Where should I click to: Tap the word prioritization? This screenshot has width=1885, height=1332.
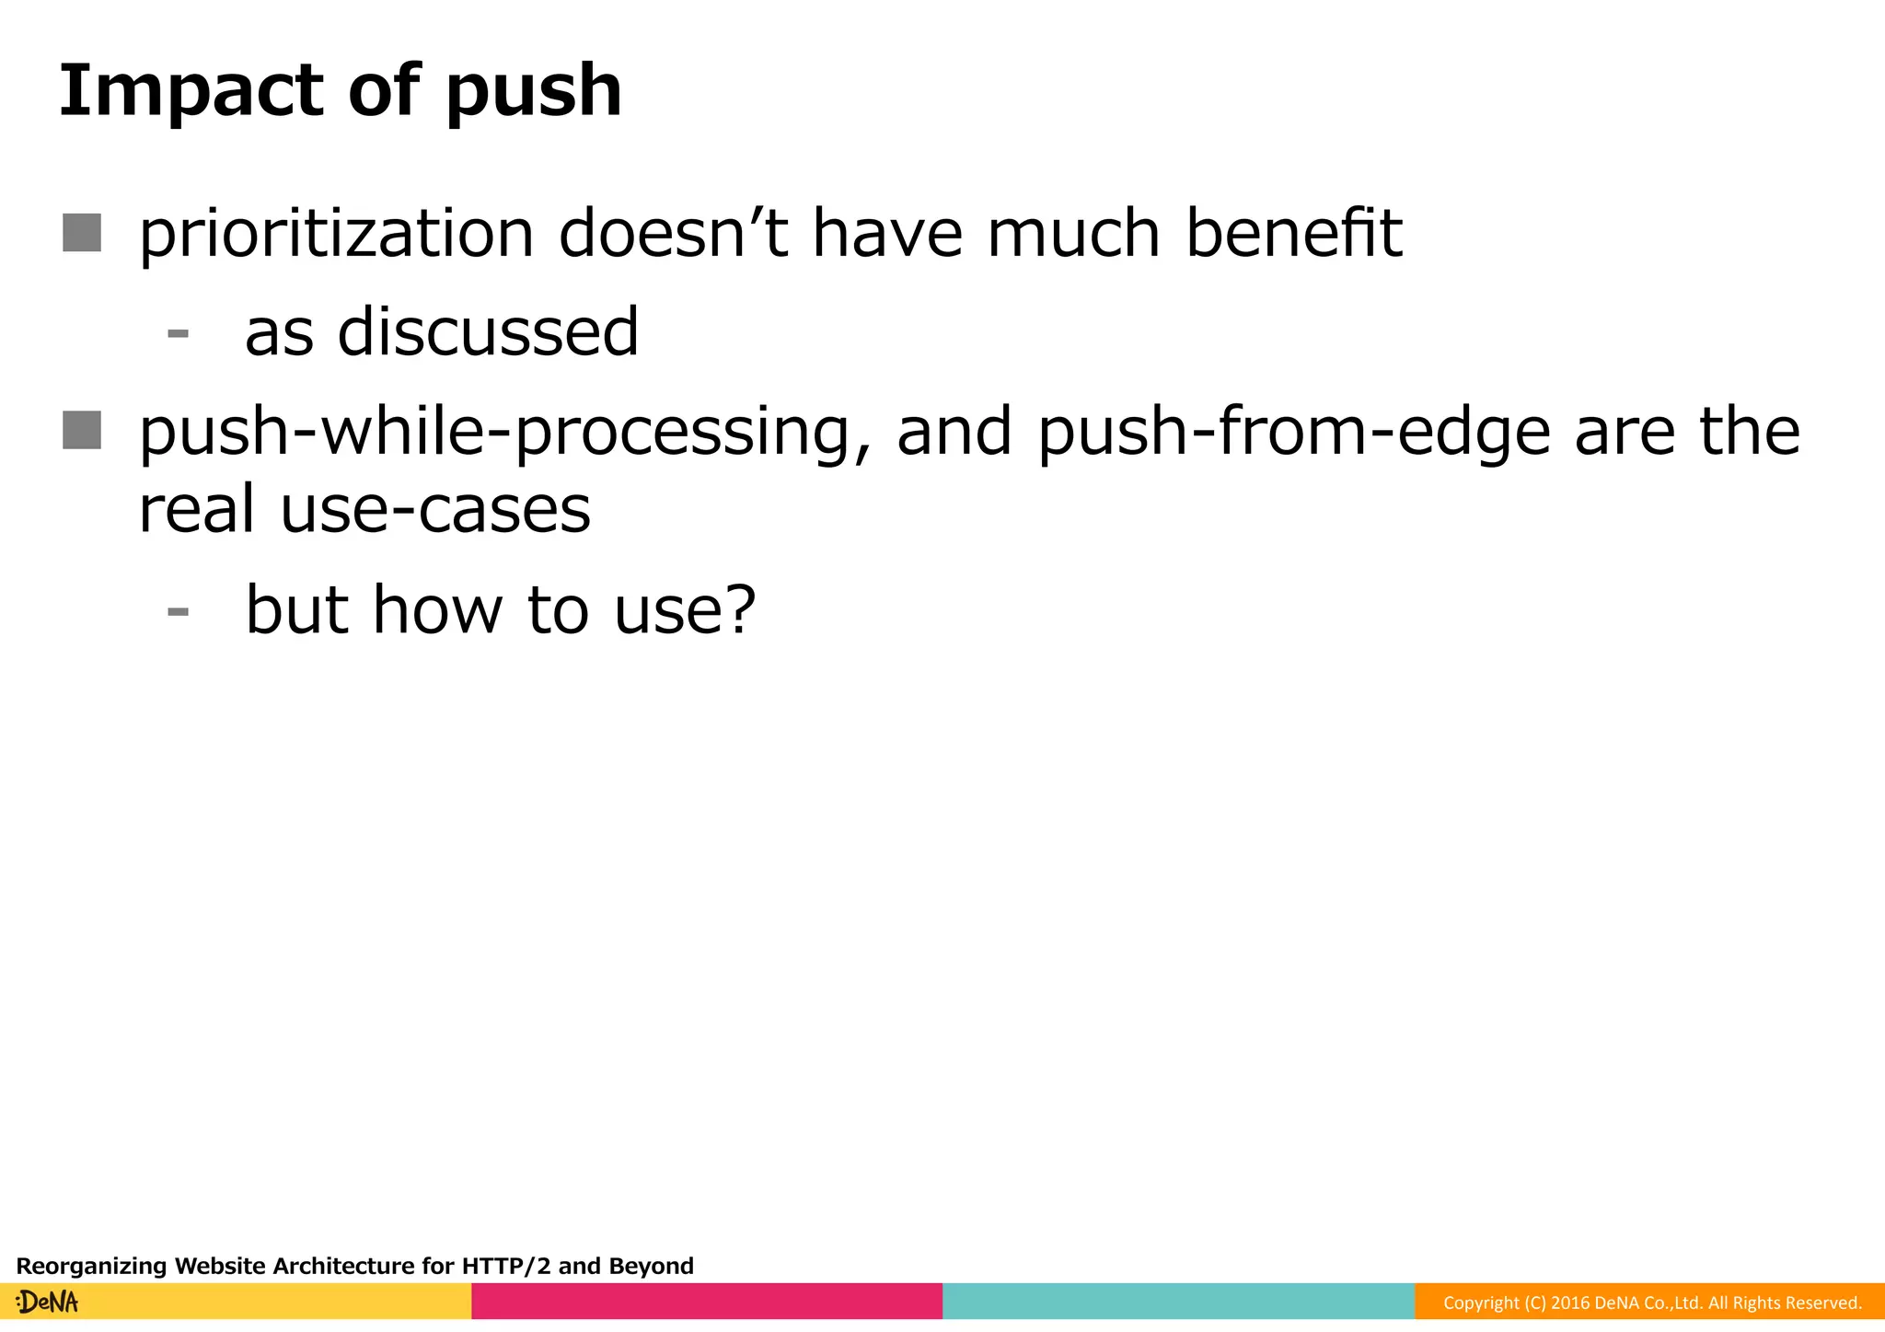pos(336,234)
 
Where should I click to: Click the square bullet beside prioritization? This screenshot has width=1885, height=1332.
pos(82,233)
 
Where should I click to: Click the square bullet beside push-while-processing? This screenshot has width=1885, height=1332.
pos(82,430)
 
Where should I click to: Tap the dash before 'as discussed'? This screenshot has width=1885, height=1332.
pos(179,333)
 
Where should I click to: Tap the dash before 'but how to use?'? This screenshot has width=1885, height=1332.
pos(179,611)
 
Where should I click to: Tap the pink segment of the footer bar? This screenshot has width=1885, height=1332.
pos(707,1301)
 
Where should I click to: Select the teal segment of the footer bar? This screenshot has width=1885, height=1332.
pos(1178,1301)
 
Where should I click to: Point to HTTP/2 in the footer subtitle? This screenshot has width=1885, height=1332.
pos(505,1266)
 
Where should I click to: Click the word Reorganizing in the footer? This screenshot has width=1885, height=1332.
pos(92,1267)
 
